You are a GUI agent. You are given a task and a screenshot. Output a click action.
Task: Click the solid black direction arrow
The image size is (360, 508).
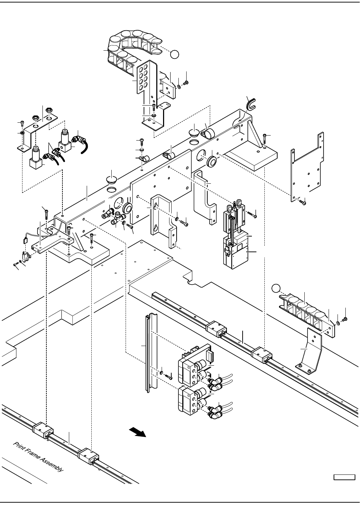pos(137,432)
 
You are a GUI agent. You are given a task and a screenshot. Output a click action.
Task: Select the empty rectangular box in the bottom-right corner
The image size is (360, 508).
pos(344,477)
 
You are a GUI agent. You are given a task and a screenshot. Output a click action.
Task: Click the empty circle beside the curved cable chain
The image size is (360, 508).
pos(174,55)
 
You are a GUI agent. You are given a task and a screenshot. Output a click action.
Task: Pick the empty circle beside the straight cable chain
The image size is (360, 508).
pos(276,288)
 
